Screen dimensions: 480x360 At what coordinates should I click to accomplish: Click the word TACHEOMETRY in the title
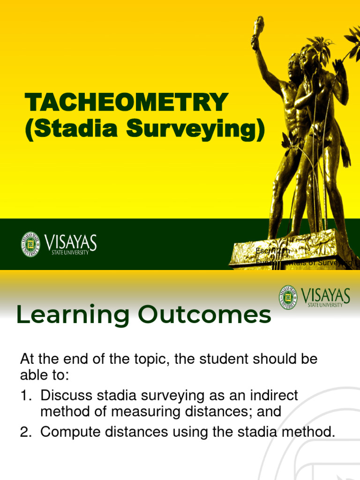tap(126, 103)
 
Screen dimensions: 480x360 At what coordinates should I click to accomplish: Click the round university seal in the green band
tap(30, 244)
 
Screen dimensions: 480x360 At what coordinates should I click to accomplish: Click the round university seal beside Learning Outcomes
tap(288, 297)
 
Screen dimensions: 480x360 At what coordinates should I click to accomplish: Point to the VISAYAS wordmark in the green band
tap(71, 242)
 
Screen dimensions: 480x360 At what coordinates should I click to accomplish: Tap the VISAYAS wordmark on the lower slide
tap(326, 295)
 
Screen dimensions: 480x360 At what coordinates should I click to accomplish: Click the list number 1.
tap(24, 396)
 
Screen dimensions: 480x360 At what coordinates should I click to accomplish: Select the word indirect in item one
tap(274, 396)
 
